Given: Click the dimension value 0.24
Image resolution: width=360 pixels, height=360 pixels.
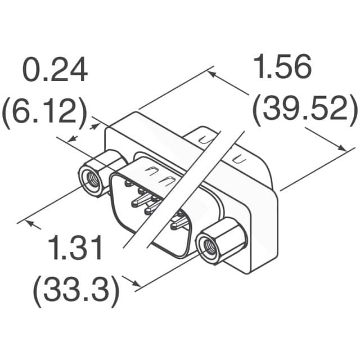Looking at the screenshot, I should pos(55,72).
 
